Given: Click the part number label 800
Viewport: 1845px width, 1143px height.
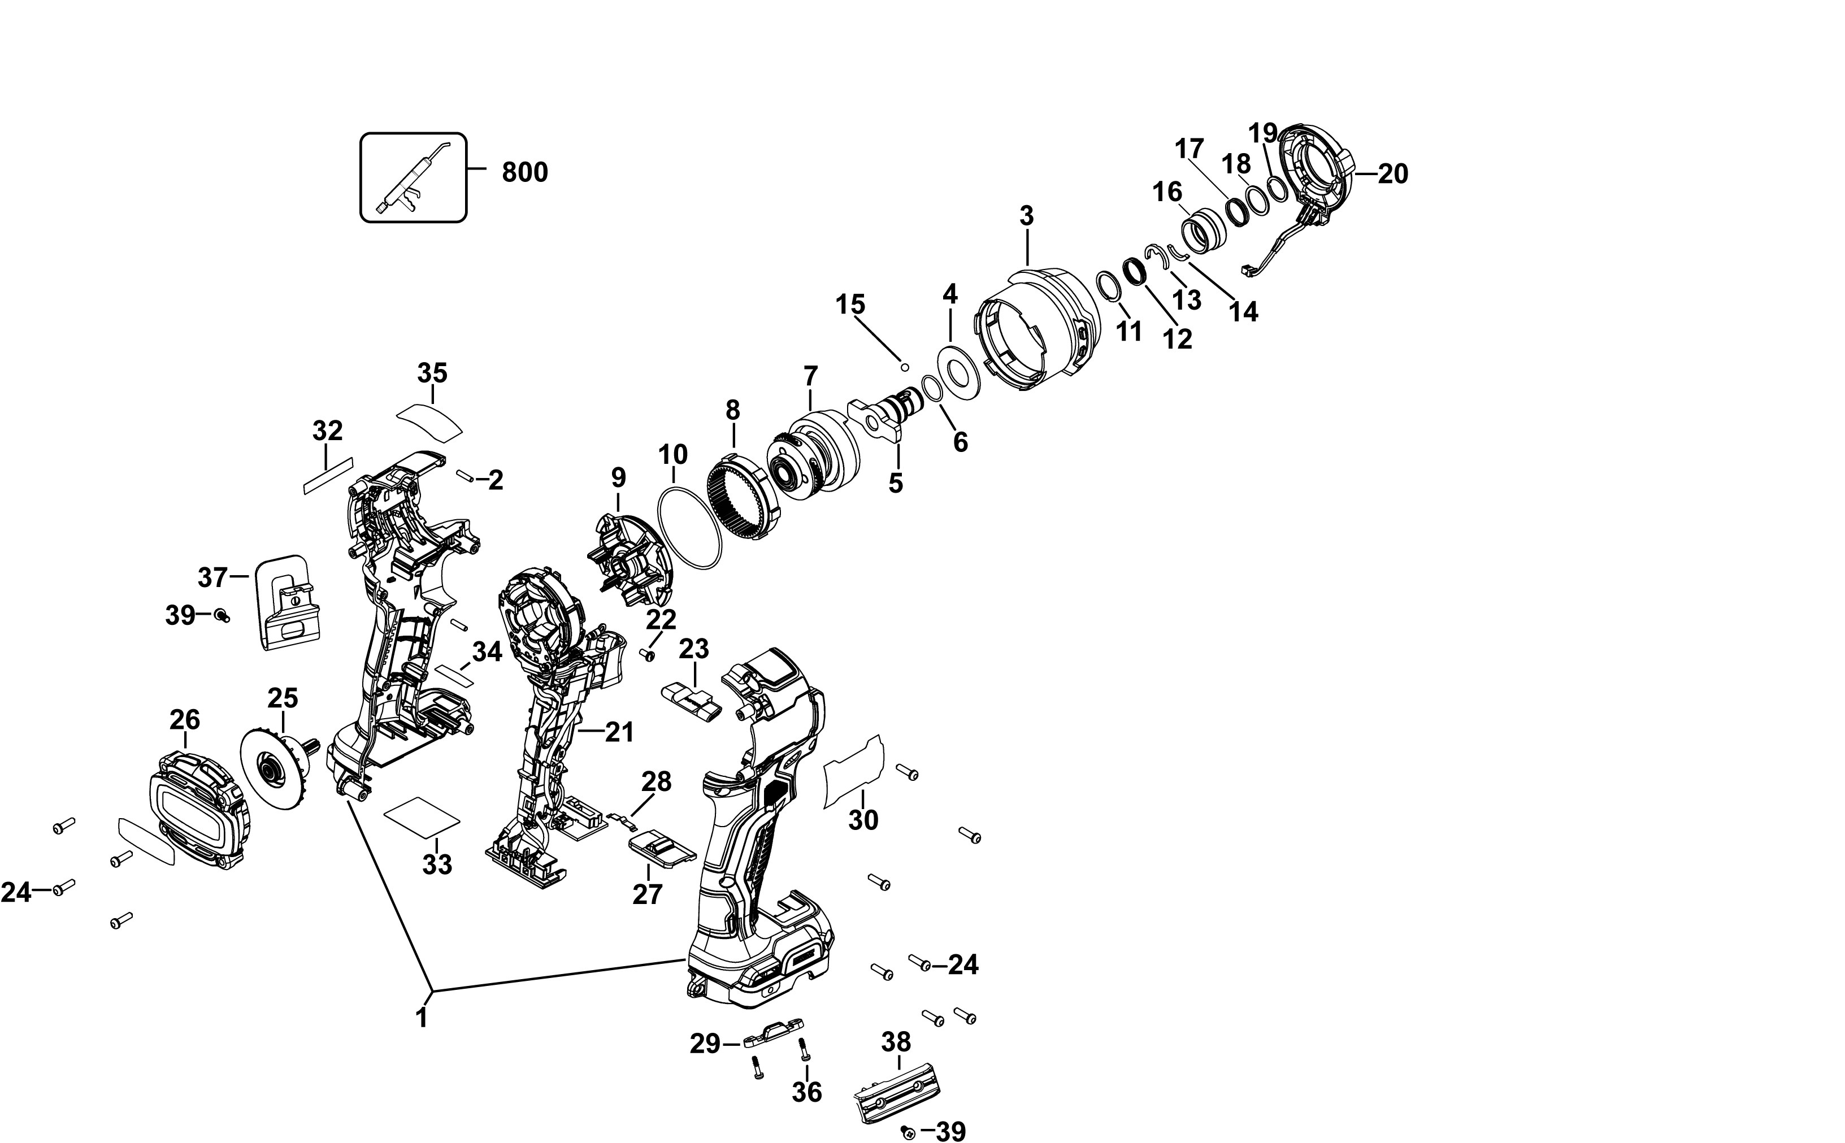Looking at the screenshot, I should click(524, 172).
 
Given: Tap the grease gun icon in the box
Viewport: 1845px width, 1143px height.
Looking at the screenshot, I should click(412, 179).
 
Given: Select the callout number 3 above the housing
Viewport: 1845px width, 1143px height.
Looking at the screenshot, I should click(1026, 216).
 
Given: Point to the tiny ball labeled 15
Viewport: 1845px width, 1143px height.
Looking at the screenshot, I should click(903, 367).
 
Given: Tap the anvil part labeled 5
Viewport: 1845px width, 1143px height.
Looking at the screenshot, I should click(884, 420).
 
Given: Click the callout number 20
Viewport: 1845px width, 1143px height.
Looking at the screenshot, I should click(1392, 175).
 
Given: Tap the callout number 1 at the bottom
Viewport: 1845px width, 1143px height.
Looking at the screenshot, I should click(422, 1018).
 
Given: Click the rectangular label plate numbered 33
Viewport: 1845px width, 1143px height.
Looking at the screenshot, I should click(422, 817).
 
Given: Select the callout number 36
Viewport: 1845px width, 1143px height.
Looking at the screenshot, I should click(806, 1092).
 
